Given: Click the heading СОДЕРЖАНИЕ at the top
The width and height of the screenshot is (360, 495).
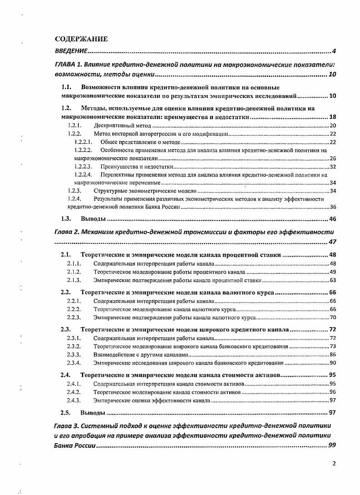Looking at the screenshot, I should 81,39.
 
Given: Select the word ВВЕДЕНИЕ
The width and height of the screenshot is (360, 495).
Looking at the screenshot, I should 71,50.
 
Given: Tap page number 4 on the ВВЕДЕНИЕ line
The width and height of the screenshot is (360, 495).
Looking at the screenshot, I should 334,50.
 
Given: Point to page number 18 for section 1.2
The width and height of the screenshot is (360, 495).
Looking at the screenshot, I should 332,117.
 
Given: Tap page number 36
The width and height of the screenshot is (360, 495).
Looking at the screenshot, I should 332,207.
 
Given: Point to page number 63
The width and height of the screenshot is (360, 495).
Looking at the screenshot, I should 332,280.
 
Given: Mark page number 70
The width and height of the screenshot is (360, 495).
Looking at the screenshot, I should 332,317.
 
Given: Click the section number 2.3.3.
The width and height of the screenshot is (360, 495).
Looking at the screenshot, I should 74,354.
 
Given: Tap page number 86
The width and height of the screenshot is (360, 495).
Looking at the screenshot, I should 332,354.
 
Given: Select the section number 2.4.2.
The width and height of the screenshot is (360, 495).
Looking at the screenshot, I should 74,392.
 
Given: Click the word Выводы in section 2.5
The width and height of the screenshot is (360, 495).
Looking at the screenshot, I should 93,413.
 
